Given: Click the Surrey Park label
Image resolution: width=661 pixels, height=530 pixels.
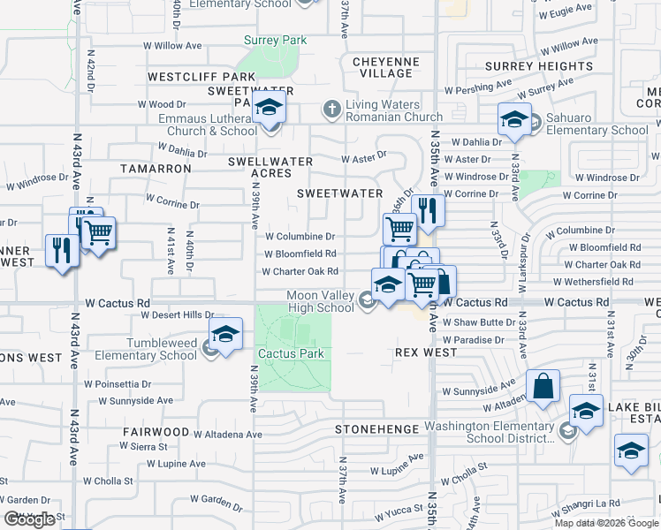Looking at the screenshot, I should tap(275, 41).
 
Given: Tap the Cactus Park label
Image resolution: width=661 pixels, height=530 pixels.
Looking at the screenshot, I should tap(291, 353).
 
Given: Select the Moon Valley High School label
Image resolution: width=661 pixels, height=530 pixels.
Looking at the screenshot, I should tap(320, 302).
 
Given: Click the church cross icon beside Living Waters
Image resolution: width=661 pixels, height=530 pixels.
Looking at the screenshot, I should tap(331, 110).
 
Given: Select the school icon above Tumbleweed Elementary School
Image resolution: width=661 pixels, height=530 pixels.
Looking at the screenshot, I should tap(225, 335).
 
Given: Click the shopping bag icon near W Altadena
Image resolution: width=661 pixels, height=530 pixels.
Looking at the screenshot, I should tap(543, 387).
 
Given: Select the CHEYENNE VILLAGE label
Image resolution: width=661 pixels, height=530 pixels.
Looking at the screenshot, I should tap(386, 67).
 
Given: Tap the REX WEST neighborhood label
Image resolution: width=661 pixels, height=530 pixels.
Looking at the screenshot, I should tap(426, 352).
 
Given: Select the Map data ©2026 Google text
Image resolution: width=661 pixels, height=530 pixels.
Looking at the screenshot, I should tap(605, 523).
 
